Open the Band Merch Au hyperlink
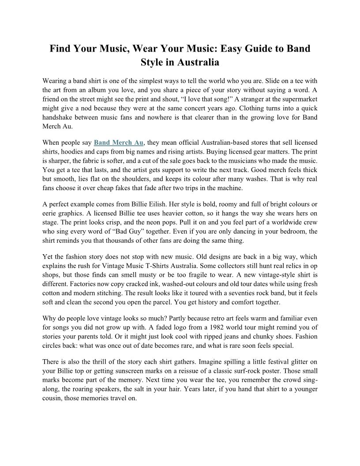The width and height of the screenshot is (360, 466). pos(119,143)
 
